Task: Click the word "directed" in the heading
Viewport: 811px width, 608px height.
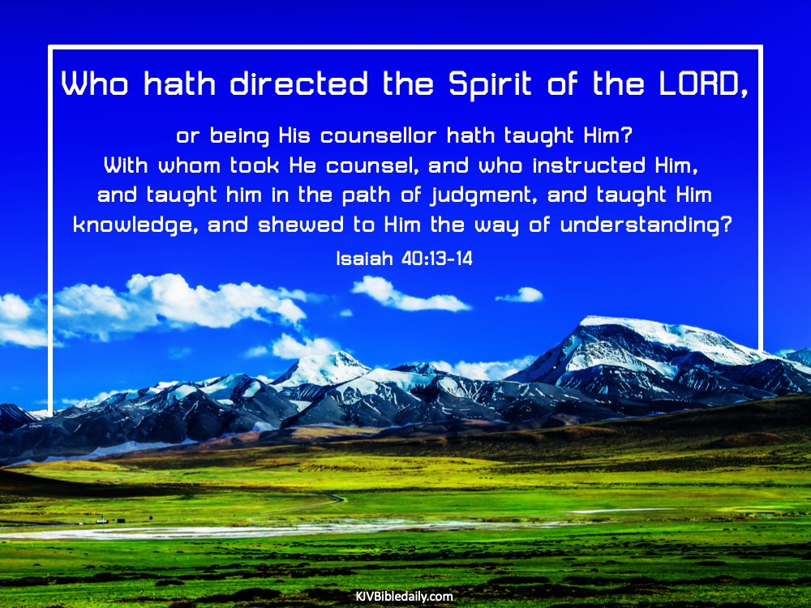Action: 299,83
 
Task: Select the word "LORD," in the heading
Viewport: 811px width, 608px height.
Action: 703,84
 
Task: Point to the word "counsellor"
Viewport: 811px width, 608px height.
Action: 378,135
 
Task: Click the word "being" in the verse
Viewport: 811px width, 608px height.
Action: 239,136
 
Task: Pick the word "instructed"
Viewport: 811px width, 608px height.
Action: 589,165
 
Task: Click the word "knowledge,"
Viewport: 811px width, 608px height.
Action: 136,225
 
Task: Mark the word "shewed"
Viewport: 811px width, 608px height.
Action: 301,225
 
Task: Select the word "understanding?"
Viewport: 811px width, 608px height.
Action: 646,225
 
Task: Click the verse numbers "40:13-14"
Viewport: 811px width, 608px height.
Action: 437,258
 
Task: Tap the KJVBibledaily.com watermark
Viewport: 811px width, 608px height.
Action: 405,596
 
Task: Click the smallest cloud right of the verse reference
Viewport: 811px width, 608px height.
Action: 521,295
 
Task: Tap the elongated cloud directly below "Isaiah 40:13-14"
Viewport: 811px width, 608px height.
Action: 409,295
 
